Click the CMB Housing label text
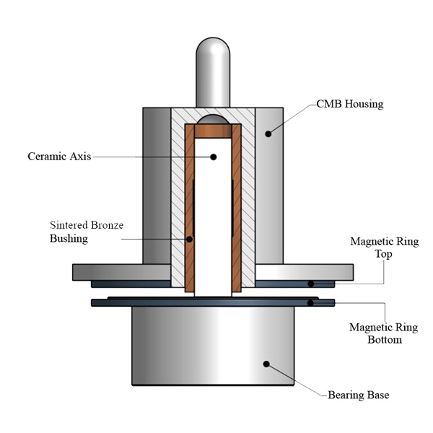[x=350, y=104]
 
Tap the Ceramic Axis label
[x=59, y=157]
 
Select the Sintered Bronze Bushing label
[x=87, y=232]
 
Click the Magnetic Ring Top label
[x=385, y=248]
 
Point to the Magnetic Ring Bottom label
[x=384, y=333]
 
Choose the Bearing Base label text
[x=359, y=395]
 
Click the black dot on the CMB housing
[x=268, y=134]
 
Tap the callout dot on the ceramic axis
[x=213, y=157]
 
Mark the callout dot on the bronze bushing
[x=189, y=239]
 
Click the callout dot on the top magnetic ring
[x=310, y=284]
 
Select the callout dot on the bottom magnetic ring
[x=310, y=302]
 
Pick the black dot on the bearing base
[x=266, y=364]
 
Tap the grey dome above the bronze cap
[x=213, y=119]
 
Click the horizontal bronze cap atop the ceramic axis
[x=213, y=131]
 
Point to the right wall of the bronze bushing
[x=237, y=208]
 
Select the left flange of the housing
[x=121, y=272]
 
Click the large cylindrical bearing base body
[x=213, y=346]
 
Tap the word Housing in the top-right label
[x=364, y=104]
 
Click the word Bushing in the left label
[x=69, y=238]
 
